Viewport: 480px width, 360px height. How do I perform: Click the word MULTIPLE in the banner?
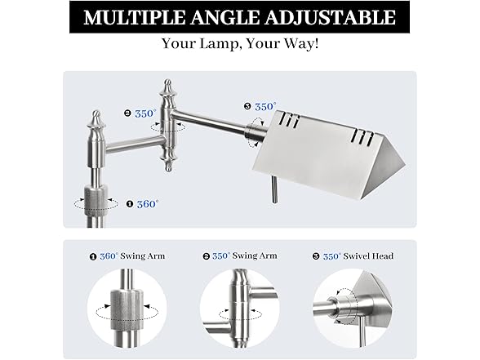135,17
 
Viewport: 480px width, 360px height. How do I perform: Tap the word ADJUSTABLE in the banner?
330,17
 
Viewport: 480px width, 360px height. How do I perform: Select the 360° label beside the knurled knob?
148,204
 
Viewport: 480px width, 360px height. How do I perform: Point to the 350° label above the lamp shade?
265,106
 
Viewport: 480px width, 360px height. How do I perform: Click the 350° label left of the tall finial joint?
145,113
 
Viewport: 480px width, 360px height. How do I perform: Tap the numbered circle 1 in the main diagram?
130,204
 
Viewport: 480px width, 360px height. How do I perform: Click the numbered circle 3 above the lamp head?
247,106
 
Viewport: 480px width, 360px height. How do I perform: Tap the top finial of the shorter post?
97,120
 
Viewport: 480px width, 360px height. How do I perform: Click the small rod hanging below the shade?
274,189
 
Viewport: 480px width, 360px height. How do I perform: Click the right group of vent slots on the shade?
363,138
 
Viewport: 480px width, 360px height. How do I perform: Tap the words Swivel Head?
368,256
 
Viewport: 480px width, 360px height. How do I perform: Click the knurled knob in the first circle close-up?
127,309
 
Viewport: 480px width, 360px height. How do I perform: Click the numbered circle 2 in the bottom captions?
207,256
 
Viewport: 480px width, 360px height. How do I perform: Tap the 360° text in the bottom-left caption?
109,256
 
